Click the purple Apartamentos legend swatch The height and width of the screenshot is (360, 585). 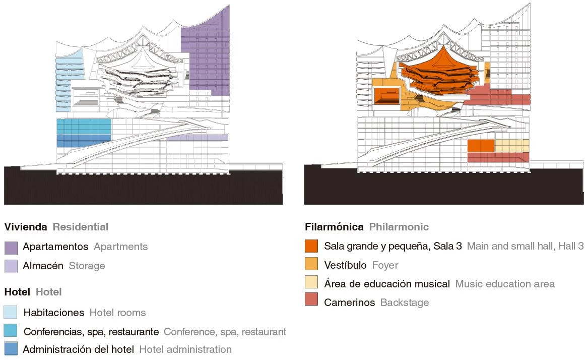(11, 248)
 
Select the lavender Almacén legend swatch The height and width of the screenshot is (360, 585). (11, 266)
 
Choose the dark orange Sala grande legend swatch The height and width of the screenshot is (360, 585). (311, 246)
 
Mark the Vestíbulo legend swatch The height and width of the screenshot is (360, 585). (311, 264)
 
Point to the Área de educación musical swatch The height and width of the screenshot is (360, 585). (311, 283)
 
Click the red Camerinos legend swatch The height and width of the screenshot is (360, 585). (311, 301)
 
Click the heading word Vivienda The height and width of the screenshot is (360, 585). (25, 227)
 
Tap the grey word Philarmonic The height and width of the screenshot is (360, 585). (399, 227)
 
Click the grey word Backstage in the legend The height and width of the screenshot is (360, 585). (405, 303)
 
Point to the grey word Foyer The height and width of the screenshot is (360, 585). (385, 265)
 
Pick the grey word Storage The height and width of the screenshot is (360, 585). (87, 266)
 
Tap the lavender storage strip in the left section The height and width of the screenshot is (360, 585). (198, 137)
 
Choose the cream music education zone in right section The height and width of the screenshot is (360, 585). (511, 146)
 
